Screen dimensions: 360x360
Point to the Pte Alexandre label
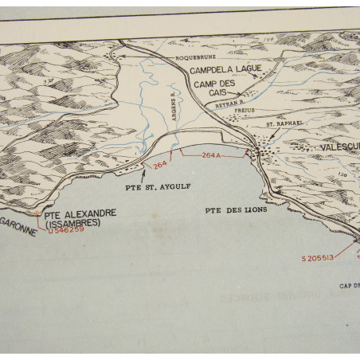pyautogui.click(x=80, y=213)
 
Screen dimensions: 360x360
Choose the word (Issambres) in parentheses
pyautogui.click(x=72, y=223)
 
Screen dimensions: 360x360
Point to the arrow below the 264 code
pyautogui.click(x=143, y=172)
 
